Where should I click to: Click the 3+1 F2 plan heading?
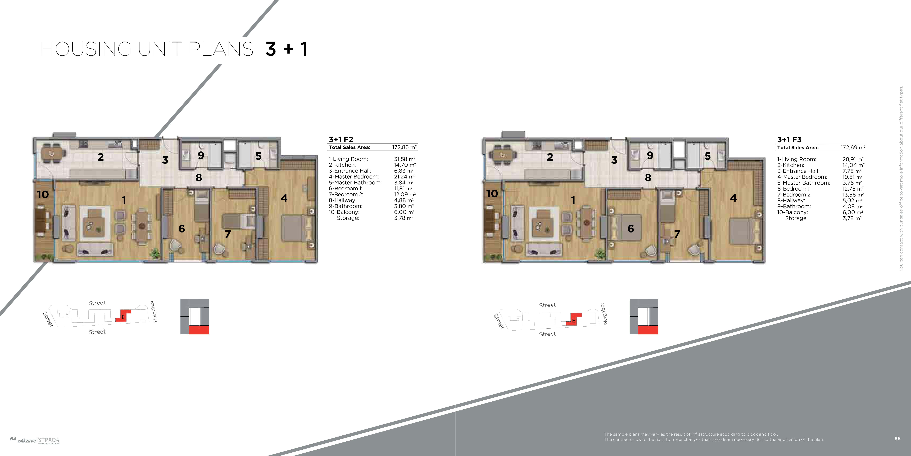[341, 139]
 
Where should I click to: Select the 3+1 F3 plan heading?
[789, 140]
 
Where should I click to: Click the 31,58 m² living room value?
[405, 159]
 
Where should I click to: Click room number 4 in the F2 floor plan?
[284, 198]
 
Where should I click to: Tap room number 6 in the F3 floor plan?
[631, 229]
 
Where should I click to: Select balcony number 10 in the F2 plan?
[43, 194]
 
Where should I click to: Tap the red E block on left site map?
[123, 316]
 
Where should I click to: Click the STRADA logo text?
[49, 440]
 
